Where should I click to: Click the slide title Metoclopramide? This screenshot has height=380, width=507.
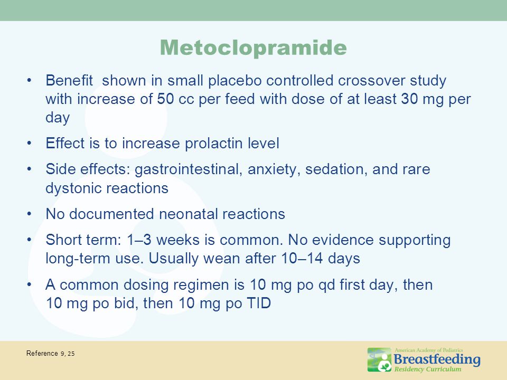click(253, 47)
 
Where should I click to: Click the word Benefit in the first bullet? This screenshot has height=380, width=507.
click(69, 80)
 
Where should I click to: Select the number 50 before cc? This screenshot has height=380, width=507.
click(165, 99)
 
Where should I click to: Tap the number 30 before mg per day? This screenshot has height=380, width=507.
click(409, 99)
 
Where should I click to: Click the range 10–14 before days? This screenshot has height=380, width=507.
click(302, 259)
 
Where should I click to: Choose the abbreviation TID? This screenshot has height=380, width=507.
click(259, 303)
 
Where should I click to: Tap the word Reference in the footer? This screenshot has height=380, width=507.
click(42, 353)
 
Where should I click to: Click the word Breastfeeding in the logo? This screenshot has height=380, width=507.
click(437, 359)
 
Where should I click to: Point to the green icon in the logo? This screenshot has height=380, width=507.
click(380, 359)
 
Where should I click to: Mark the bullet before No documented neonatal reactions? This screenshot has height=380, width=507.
click(30, 214)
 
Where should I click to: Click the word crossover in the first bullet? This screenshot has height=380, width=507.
click(371, 80)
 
